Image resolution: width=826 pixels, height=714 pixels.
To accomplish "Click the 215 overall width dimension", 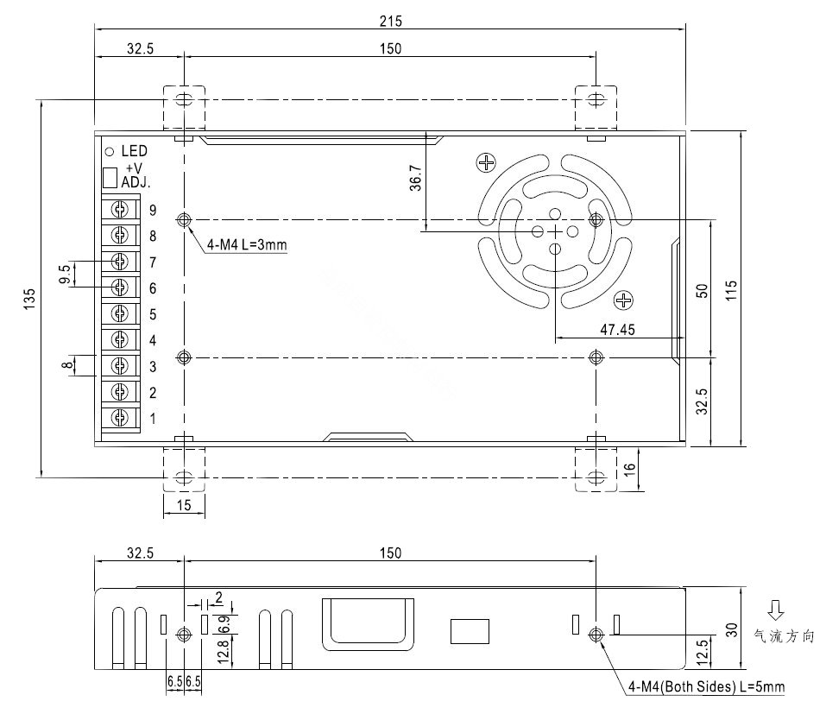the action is tap(390, 21).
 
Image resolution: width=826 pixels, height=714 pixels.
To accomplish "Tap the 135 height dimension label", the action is tap(29, 299).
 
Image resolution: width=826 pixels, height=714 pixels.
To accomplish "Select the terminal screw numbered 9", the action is tap(120, 210).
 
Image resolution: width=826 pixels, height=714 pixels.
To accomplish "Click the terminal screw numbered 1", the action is tap(120, 418).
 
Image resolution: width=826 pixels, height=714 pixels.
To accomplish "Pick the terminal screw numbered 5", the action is tap(120, 313).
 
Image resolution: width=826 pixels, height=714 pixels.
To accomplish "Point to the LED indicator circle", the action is tap(110, 152).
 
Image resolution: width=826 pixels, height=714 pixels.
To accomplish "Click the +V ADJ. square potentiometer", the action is tap(110, 178).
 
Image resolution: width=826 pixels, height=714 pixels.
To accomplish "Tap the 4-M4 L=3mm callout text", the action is tap(247, 244).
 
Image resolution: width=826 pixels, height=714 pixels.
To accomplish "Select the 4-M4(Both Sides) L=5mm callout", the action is tap(706, 686).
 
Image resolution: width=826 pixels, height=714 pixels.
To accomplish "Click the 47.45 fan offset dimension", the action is tap(617, 330).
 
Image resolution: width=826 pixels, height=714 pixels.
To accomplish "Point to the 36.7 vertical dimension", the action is tap(416, 178).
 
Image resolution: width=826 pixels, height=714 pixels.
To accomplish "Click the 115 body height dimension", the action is tap(731, 290).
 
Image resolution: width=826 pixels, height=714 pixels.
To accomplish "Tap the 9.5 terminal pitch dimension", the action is tap(64, 274).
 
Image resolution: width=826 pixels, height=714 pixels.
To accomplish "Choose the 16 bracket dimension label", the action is tap(629, 469).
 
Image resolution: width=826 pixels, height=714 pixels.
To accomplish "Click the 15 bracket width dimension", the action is tap(184, 505).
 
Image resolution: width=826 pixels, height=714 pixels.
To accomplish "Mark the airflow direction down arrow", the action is tap(776, 610).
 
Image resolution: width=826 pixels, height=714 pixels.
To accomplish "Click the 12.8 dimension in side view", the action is tap(223, 651).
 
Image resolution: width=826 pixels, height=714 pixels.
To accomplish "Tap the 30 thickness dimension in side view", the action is tap(732, 629).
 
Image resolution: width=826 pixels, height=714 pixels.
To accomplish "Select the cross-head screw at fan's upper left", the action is tap(486, 162).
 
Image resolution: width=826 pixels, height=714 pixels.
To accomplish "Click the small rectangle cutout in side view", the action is tap(470, 631).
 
